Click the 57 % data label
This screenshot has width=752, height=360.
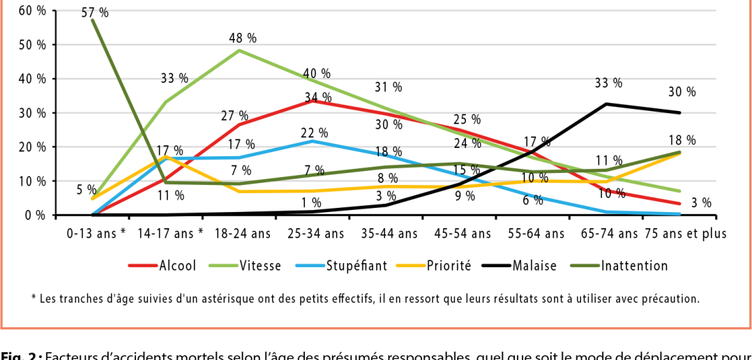pos(100,13)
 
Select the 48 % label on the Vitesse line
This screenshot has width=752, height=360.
pos(243,38)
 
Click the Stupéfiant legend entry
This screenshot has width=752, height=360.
pos(352,266)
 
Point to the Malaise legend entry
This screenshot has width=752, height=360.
pos(534,266)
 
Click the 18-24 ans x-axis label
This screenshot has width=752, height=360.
pos(243,234)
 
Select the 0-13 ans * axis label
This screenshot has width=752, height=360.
pos(95,234)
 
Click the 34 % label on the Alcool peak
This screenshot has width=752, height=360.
pos(318,98)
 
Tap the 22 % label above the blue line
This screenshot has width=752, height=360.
pos(314,133)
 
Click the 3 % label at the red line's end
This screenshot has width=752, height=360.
pos(702,203)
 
